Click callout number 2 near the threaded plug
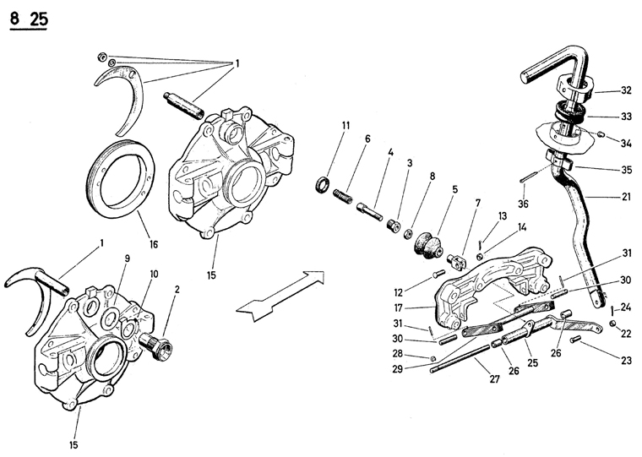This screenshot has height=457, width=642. point(176,290)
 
